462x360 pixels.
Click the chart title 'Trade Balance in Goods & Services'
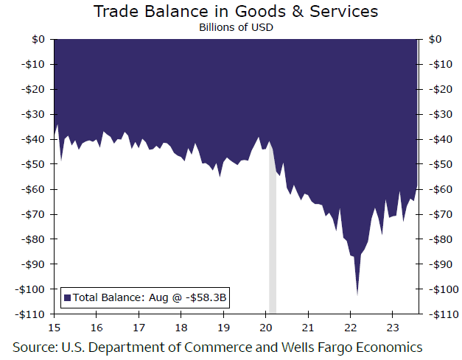tap(235, 12)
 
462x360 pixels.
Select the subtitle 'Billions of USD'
tap(235, 27)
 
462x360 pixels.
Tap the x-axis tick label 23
tap(393, 328)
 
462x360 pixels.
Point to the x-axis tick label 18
tap(181, 328)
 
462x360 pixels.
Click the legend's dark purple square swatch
tap(67, 297)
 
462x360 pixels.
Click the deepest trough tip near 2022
tap(357, 294)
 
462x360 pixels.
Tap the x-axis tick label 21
tap(308, 328)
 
